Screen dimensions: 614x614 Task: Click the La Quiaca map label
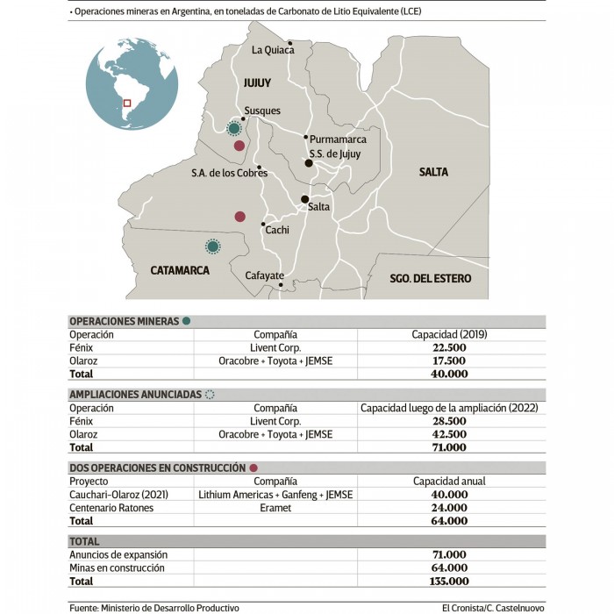[x=272, y=50]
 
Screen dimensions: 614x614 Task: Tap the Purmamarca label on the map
[x=338, y=139]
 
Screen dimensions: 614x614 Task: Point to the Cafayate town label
[x=264, y=275]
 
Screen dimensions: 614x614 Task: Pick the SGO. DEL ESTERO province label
[x=431, y=278]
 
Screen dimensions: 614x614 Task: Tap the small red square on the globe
[x=127, y=104]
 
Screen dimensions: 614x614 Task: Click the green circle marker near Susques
[x=234, y=129]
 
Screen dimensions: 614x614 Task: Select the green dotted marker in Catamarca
[x=211, y=247]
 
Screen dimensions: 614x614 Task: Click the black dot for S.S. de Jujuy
[x=309, y=163]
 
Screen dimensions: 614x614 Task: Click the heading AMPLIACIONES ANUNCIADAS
[x=134, y=395]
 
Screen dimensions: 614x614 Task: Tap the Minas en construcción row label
[x=117, y=568]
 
